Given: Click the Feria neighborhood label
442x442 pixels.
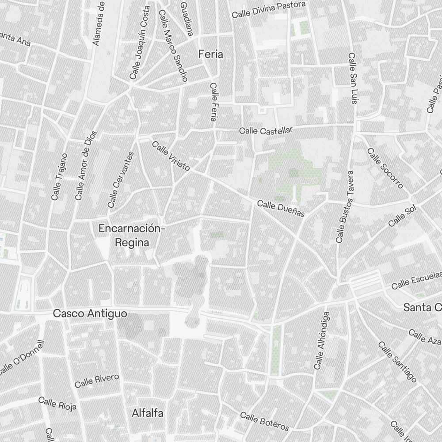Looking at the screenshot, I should click(x=211, y=54).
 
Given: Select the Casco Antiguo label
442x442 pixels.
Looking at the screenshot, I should click(x=90, y=313).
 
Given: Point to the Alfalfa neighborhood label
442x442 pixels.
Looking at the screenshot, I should click(x=148, y=413).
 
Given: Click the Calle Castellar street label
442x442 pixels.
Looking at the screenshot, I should click(x=266, y=130).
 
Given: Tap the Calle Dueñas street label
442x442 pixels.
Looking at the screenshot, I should click(x=281, y=209).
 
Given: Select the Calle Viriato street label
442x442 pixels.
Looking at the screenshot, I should click(x=171, y=156).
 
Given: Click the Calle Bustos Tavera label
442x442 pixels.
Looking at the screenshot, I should click(x=345, y=207).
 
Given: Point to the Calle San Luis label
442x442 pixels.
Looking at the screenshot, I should click(x=352, y=79).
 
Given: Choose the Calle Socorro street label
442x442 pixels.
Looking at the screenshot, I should click(x=385, y=168).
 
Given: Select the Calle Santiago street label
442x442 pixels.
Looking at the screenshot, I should click(x=397, y=362).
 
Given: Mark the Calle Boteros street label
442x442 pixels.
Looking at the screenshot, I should click(x=264, y=421).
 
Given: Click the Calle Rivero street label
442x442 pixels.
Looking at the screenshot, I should click(x=97, y=381).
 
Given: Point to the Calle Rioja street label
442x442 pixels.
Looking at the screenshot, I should click(x=57, y=403).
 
